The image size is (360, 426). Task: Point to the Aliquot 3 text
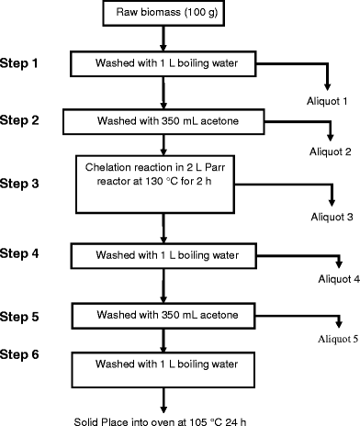pyautogui.click(x=328, y=218)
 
